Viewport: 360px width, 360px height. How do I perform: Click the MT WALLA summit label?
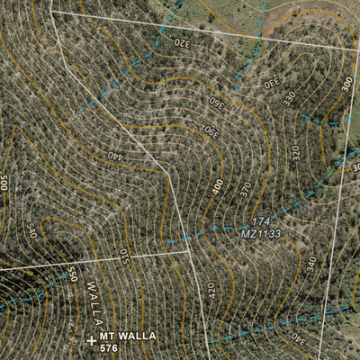coord(129,336)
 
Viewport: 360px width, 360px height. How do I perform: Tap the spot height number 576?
coord(109,347)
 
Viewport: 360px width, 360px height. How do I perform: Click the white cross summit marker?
coord(91,340)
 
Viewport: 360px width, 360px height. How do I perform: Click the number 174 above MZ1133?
coord(260,221)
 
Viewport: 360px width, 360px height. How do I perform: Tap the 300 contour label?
coord(347,85)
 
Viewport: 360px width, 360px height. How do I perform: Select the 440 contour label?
coord(114,156)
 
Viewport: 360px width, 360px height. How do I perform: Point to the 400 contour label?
coord(218,187)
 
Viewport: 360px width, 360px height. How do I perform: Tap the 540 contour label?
coord(31,230)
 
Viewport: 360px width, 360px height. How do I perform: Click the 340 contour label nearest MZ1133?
coord(311,264)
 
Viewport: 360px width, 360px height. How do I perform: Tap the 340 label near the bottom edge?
coord(296,339)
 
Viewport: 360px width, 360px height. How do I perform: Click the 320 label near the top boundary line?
coord(182,42)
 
